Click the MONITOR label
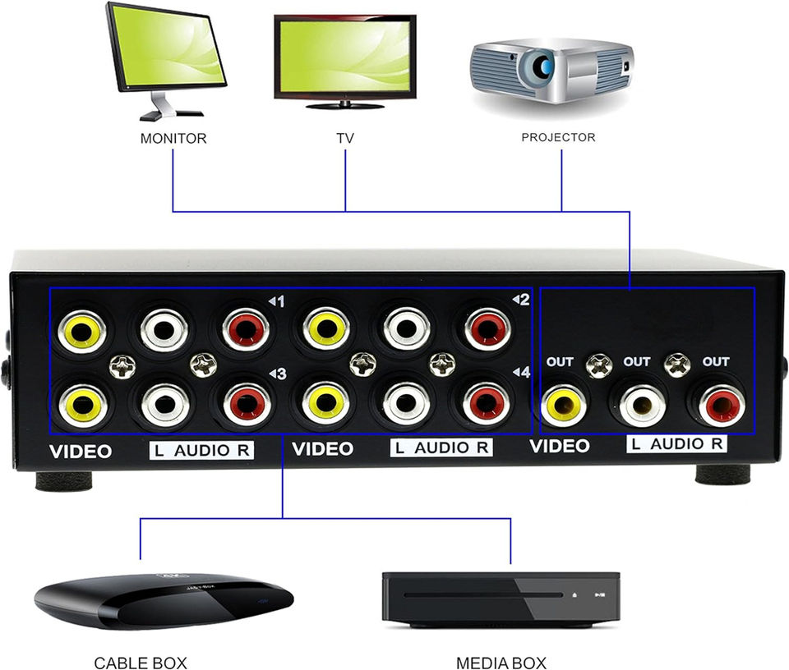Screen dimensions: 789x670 click(x=173, y=138)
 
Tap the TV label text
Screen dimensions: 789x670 click(x=345, y=138)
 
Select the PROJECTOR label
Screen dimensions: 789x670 click(x=558, y=137)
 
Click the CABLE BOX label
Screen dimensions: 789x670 click(x=141, y=663)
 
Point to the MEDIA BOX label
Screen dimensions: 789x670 click(x=501, y=663)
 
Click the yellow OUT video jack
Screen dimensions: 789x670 click(x=564, y=406)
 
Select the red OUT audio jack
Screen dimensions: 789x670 click(x=722, y=406)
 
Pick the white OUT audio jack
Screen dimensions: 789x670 click(x=642, y=406)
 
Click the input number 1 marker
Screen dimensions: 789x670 click(x=277, y=301)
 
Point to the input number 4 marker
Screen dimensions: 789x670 click(x=521, y=372)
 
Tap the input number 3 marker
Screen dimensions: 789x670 click(x=278, y=374)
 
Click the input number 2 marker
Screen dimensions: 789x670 click(x=521, y=300)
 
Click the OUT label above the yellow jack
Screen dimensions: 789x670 click(x=560, y=361)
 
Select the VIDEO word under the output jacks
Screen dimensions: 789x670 click(x=560, y=446)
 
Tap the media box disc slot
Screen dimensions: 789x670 click(x=483, y=595)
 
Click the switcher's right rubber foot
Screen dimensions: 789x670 click(x=722, y=474)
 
